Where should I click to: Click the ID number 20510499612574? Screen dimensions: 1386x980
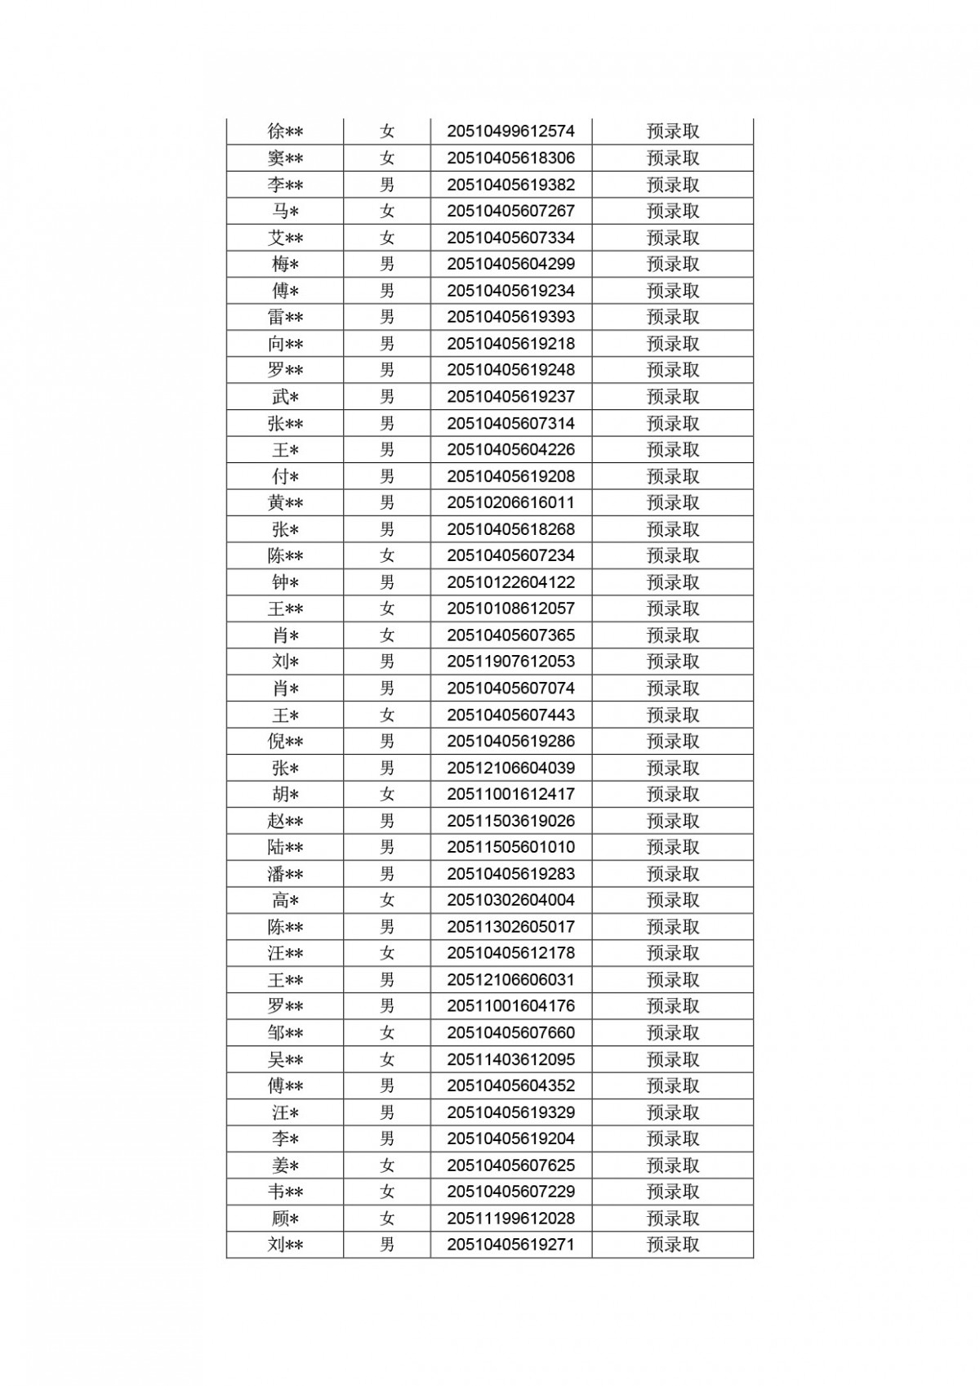pos(510,131)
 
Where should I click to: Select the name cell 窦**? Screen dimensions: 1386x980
pos(285,158)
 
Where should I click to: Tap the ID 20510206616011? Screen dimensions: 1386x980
pos(510,503)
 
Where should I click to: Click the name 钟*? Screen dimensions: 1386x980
pos(285,582)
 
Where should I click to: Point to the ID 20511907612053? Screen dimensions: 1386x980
pos(510,662)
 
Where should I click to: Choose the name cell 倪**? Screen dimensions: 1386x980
pos(285,742)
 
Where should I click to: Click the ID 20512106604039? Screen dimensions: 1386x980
pos(510,768)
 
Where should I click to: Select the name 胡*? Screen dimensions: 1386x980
pos(285,795)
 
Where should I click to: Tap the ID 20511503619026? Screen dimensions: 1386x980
pos(510,821)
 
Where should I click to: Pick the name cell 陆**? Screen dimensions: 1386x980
pos(285,848)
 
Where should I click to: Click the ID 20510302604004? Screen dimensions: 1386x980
pos(510,900)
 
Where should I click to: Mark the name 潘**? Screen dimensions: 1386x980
pos(285,874)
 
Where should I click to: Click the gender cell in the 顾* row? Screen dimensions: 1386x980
pos(387,1219)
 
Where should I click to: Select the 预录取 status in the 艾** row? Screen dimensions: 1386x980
pos(673,238)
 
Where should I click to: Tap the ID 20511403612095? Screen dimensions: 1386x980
pos(510,1059)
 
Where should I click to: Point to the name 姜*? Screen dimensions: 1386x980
pos(285,1165)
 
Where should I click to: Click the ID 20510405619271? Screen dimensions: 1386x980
pos(510,1245)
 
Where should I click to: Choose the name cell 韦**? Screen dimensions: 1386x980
pos(285,1192)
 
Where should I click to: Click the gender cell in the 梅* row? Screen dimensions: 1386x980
pos(387,264)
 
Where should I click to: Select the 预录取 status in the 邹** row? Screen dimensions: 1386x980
pos(673,1033)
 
